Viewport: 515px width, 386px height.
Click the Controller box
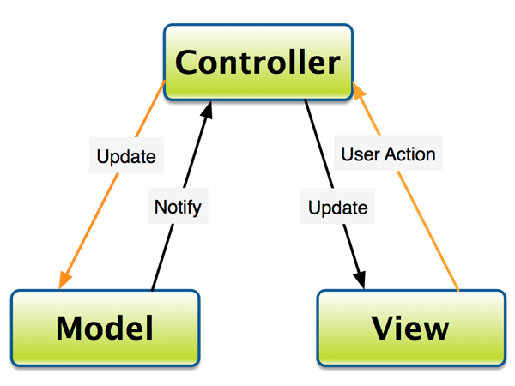pos(258,62)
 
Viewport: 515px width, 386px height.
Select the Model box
pos(105,328)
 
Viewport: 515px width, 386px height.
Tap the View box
pos(411,328)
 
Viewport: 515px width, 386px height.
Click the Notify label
pos(178,207)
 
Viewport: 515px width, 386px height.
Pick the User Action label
pos(388,154)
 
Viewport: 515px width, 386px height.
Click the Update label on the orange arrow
pos(126,156)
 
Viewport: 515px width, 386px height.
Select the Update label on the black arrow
pos(337,208)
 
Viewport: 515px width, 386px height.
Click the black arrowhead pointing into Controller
pos(207,110)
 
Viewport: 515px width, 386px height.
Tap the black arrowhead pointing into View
pos(360,280)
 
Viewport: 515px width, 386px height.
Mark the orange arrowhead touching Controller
pos(358,91)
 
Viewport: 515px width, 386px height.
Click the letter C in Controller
pos(188,62)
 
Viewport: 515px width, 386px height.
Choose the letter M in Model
pos(70,328)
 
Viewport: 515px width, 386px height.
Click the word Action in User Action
pos(410,154)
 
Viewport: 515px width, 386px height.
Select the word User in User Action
pos(360,154)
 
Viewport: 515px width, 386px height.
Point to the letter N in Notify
pos(161,207)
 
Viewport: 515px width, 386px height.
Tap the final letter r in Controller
pos(333,64)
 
